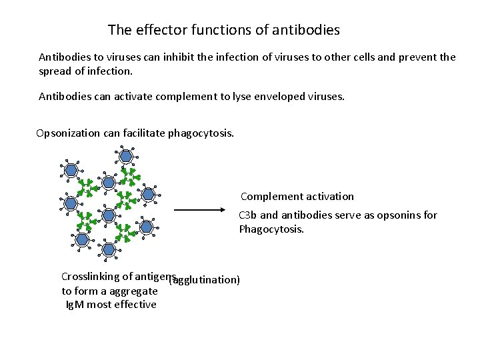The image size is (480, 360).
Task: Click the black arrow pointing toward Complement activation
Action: (x=200, y=209)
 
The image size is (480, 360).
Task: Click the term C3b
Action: (x=248, y=215)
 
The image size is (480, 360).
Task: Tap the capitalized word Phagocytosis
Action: (x=271, y=229)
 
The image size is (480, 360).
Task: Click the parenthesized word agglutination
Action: (x=205, y=280)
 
